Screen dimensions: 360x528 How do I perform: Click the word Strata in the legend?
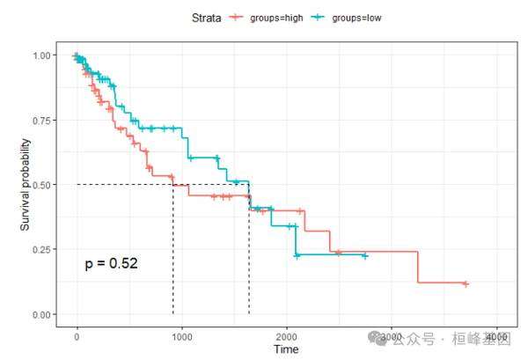pyautogui.click(x=205, y=17)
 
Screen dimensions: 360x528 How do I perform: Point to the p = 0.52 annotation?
pyautogui.click(x=112, y=263)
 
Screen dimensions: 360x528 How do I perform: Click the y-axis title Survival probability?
pyautogui.click(x=27, y=185)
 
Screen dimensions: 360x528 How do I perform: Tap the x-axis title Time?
pyautogui.click(x=286, y=349)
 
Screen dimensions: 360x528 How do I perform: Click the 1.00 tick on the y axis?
pyautogui.click(x=43, y=55)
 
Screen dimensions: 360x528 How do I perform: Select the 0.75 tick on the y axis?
pyautogui.click(x=43, y=121)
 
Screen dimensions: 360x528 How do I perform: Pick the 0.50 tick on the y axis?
pyautogui.click(x=43, y=185)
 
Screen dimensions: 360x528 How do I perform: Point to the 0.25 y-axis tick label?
pyautogui.click(x=43, y=250)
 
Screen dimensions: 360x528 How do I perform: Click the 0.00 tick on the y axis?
pyautogui.click(x=43, y=314)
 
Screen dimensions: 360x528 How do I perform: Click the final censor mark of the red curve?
pyautogui.click(x=466, y=283)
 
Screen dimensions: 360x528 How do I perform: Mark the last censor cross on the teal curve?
pyautogui.click(x=364, y=256)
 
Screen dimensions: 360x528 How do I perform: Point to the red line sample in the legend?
pyautogui.click(x=236, y=17)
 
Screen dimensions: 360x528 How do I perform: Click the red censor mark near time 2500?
pyautogui.click(x=338, y=253)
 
